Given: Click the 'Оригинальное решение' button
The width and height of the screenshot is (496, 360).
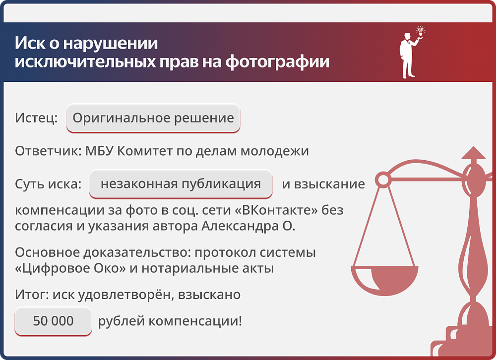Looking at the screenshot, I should [153, 119].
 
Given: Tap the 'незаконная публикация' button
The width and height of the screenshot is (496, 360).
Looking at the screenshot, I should [181, 184].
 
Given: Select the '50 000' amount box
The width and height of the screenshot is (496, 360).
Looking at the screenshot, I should [53, 321].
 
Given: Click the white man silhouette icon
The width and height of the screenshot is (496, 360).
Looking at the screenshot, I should [408, 55].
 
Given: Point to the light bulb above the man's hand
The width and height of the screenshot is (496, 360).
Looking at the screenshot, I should [421, 31].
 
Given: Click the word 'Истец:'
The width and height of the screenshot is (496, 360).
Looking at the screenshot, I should [36, 119].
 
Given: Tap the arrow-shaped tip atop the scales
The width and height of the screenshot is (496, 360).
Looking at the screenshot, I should [473, 153].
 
